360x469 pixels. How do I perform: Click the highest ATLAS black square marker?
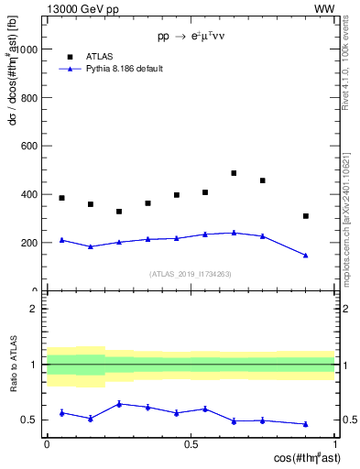pyautogui.click(x=234, y=173)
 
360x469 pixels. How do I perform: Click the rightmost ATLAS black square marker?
pyautogui.click(x=306, y=216)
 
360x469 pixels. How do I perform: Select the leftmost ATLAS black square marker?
pyautogui.click(x=61, y=198)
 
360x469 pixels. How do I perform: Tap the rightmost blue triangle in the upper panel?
pyautogui.click(x=306, y=256)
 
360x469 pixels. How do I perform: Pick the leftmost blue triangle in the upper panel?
pyautogui.click(x=61, y=240)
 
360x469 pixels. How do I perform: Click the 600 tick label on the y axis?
pyautogui.click(x=28, y=146)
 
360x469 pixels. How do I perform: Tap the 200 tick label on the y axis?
pyautogui.click(x=28, y=243)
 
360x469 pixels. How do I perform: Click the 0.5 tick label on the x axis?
pyautogui.click(x=191, y=443)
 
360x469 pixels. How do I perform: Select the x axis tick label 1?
pyautogui.click(x=334, y=443)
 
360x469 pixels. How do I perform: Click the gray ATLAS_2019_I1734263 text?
pyautogui.click(x=191, y=274)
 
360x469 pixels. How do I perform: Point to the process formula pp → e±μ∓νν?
pyautogui.click(x=191, y=38)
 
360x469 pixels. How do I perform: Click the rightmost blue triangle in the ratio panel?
pyautogui.click(x=306, y=424)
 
